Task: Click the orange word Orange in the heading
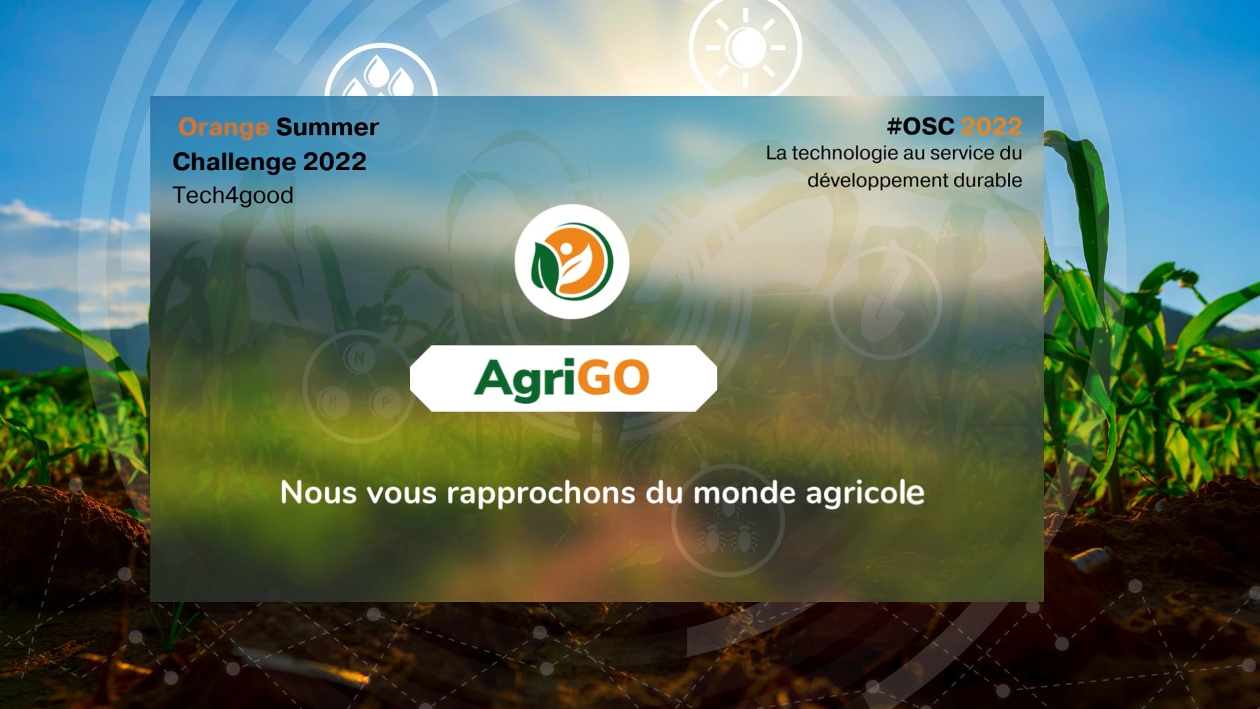pyautogui.click(x=223, y=127)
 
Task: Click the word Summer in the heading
pyautogui.click(x=327, y=127)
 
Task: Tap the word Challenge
pyautogui.click(x=233, y=162)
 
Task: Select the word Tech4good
pyautogui.click(x=232, y=196)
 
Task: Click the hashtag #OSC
pyautogui.click(x=920, y=126)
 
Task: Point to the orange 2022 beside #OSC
pyautogui.click(x=991, y=126)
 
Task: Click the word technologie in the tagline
pyautogui.click(x=846, y=153)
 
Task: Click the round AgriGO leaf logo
pyautogui.click(x=572, y=261)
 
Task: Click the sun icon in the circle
pyautogui.click(x=745, y=47)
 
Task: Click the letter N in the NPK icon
pyautogui.click(x=359, y=358)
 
